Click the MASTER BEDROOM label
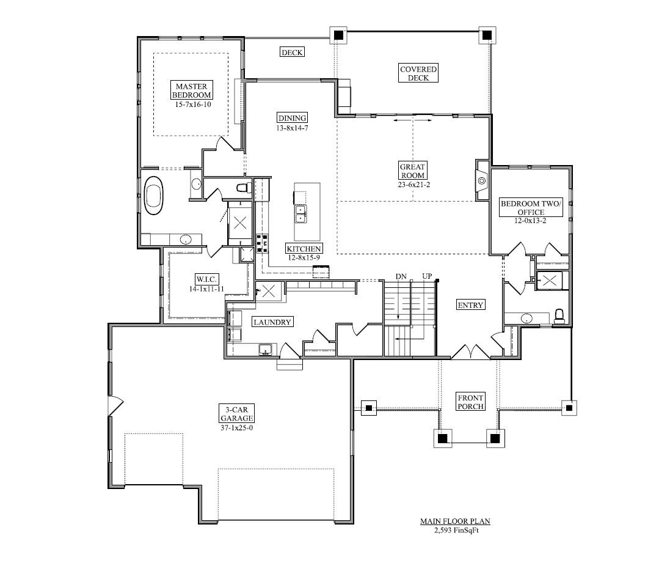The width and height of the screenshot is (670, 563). click(191, 90)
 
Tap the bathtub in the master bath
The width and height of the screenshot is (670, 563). click(154, 195)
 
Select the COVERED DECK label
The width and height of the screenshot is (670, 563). click(418, 73)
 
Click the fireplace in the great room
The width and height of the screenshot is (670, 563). click(482, 180)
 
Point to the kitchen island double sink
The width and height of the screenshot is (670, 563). click(301, 213)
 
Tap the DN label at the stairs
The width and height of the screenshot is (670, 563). click(401, 276)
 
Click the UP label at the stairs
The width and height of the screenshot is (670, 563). click(427, 276)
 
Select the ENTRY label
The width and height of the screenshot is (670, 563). click(470, 305)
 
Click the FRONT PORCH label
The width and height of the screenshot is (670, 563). click(470, 402)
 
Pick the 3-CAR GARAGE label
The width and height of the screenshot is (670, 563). click(236, 413)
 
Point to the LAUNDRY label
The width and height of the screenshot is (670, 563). click(272, 322)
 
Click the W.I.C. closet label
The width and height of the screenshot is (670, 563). click(203, 278)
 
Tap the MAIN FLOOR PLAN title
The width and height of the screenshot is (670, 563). click(455, 521)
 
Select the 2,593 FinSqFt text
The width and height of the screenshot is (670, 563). click(455, 530)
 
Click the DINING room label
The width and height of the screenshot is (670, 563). click(292, 118)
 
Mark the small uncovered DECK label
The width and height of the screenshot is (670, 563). click(292, 53)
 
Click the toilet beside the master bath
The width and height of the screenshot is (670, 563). click(242, 187)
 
